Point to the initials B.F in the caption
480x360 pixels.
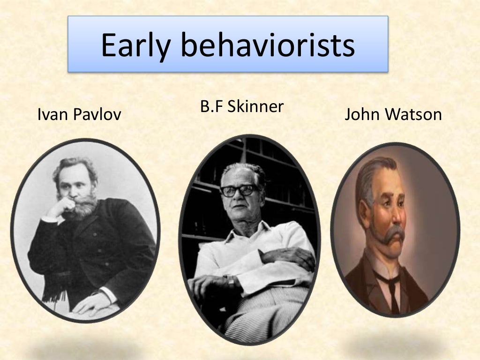coord(210,106)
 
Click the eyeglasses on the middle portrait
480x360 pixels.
coord(239,190)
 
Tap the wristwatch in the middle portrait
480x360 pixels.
coord(231,282)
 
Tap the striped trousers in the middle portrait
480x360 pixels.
coord(267,307)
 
